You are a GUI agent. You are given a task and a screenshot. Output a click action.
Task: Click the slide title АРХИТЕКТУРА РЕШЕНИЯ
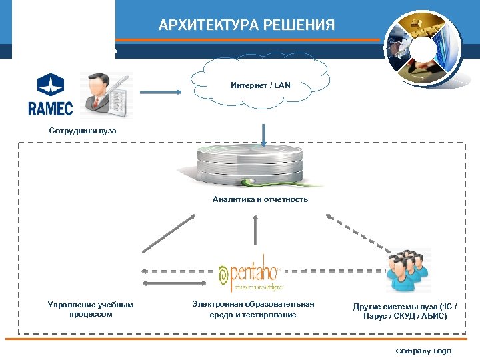point(247,26)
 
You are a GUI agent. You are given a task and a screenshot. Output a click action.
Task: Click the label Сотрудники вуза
point(83,131)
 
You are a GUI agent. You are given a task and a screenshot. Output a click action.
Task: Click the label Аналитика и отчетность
point(260,199)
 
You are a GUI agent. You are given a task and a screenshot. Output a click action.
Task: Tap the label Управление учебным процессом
point(91,309)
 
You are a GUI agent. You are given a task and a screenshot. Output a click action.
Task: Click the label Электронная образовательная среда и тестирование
point(253,309)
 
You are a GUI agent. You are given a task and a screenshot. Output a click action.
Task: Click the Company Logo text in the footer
point(423,351)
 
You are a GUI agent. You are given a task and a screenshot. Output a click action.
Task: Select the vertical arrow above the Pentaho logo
point(255,231)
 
